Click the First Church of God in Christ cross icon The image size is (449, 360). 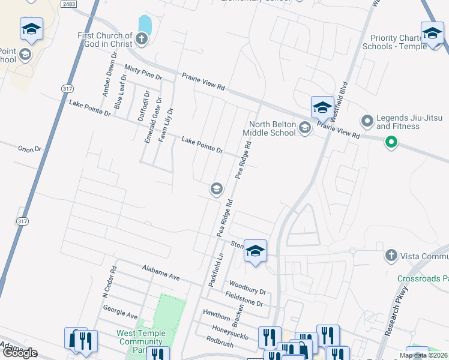(x=142, y=40)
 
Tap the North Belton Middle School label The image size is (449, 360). (x=270, y=128)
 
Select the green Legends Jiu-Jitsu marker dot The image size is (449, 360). (x=391, y=142)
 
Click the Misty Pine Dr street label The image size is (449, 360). (x=143, y=73)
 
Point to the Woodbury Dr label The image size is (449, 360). (x=247, y=287)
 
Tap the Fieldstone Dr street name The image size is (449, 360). (x=244, y=299)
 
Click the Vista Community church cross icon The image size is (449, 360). (x=391, y=256)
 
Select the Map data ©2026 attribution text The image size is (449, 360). (x=423, y=355)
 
